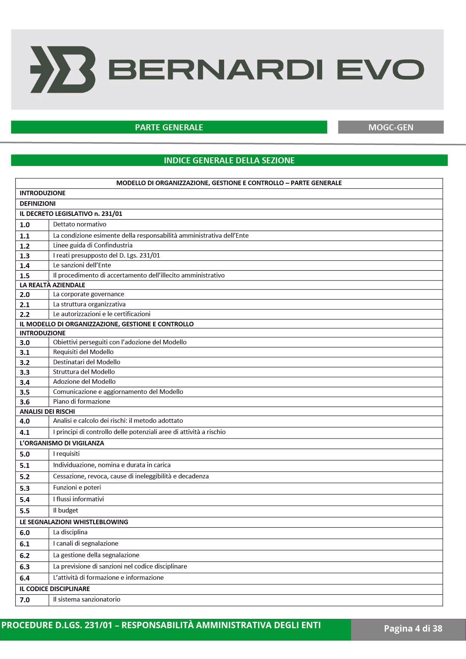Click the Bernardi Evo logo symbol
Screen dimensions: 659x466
[x=63, y=69]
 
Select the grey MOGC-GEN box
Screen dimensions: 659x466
[x=391, y=127]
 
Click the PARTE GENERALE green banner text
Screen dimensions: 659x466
[x=169, y=127]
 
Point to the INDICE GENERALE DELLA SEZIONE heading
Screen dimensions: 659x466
[x=229, y=160]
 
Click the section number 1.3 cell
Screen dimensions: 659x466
[x=25, y=256]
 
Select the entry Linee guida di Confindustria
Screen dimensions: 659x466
[x=93, y=245]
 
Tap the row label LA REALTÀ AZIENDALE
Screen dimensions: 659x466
[x=53, y=285]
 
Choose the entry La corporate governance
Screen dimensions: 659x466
[x=89, y=294]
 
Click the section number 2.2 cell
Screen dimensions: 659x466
[x=25, y=314]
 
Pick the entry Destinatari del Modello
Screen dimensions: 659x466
[x=87, y=362]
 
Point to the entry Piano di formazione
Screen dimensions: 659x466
[x=81, y=401]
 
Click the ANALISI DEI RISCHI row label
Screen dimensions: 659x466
[x=47, y=412]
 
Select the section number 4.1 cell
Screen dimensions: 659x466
[x=25, y=432]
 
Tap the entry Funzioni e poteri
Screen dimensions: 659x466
[x=77, y=487]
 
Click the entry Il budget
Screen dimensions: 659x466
[x=66, y=510]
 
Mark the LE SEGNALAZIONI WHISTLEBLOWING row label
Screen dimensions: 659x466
[x=74, y=522]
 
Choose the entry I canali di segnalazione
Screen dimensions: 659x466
[x=86, y=543]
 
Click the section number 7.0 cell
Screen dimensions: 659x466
[x=25, y=600]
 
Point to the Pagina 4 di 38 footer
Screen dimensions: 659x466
[x=413, y=628]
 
